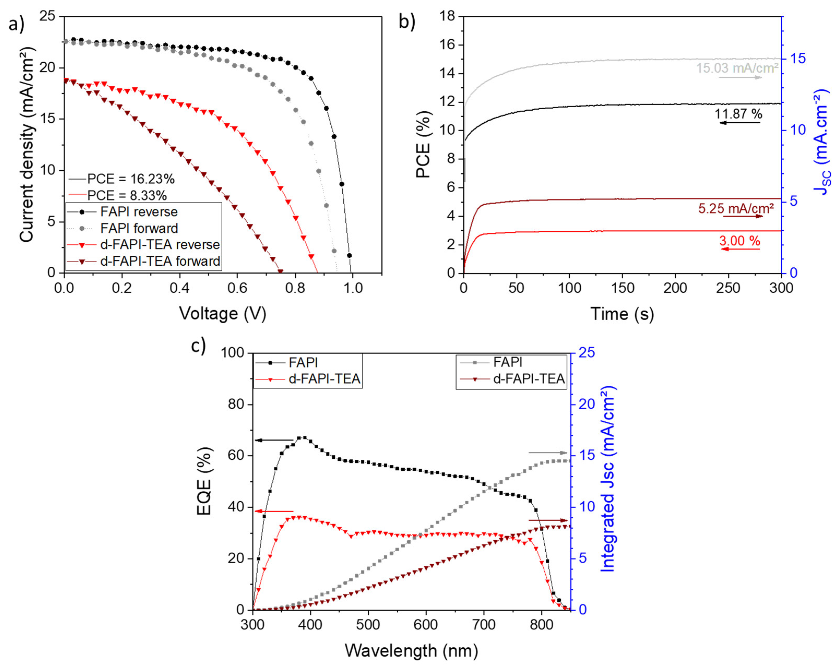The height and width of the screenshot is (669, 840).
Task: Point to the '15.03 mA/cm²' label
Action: click(737, 68)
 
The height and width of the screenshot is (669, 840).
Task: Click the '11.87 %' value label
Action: click(738, 114)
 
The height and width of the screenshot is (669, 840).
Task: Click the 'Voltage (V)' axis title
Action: click(223, 314)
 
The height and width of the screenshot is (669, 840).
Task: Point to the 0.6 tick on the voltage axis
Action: click(237, 288)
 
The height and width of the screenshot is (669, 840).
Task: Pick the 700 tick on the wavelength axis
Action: click(484, 625)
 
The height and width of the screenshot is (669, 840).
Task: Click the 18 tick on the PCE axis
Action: click(447, 16)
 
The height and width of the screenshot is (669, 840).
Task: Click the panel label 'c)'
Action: click(198, 346)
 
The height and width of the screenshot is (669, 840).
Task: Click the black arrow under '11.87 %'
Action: click(740, 123)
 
